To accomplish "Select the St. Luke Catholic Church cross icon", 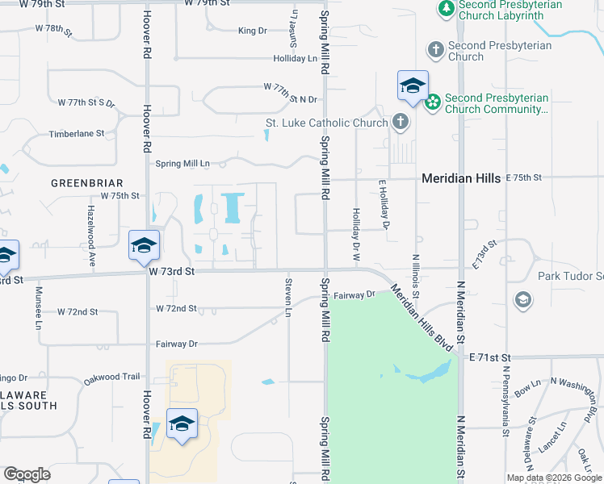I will click(x=399, y=123).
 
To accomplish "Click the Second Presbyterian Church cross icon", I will click(x=435, y=50).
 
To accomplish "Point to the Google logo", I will click(x=27, y=474).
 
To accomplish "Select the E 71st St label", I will click(x=492, y=357).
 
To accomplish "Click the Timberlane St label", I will click(x=77, y=134).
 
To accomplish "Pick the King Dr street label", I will click(x=253, y=31).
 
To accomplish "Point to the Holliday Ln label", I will click(x=295, y=59).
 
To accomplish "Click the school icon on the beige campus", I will click(x=182, y=423).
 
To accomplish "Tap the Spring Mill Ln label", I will click(x=182, y=164).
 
